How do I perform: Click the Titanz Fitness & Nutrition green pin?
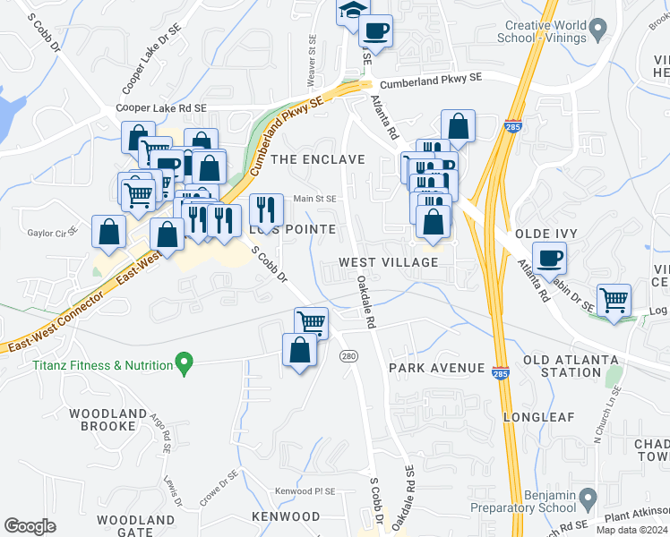[x=185, y=364]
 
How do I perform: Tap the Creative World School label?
[x=545, y=32]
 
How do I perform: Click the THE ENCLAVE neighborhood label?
[x=318, y=159]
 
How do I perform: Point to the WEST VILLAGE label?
[x=389, y=262]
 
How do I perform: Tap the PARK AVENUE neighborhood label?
[x=436, y=368]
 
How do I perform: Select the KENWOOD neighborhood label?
[x=286, y=516]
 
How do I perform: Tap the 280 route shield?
[x=349, y=356]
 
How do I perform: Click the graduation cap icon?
[x=352, y=11]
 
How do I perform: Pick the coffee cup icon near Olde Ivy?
[x=549, y=258]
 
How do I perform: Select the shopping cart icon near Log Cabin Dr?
[x=614, y=300]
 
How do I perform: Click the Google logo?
[x=30, y=526]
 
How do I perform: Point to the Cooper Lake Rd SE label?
[x=161, y=107]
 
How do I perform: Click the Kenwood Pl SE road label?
[x=305, y=491]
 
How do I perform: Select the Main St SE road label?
[x=314, y=199]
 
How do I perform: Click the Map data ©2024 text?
[x=631, y=530]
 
